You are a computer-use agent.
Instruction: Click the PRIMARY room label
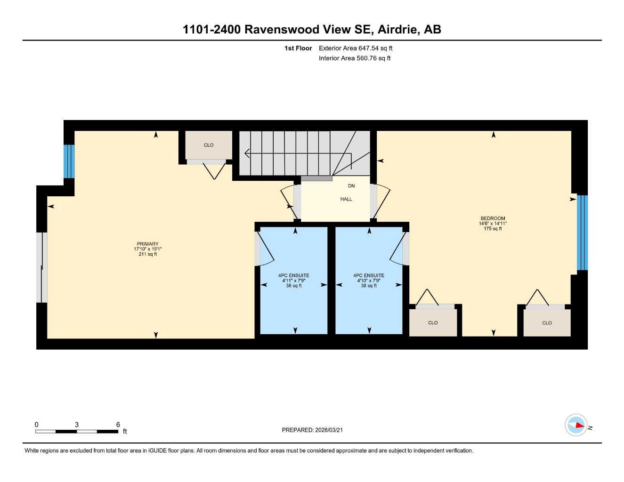(147, 244)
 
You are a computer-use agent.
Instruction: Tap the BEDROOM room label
(493, 218)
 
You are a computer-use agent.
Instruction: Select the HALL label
(346, 199)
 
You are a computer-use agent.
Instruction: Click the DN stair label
(351, 186)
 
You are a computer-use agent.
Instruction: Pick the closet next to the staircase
(209, 145)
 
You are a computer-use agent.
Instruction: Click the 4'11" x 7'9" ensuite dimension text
(293, 281)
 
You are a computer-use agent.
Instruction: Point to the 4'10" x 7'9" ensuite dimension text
(368, 281)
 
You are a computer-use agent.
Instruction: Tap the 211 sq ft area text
(147, 254)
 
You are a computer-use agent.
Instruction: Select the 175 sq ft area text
(493, 229)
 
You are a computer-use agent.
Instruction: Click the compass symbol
(576, 425)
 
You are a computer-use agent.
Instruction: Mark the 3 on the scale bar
(77, 425)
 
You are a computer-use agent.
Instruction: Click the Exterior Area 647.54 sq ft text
(356, 48)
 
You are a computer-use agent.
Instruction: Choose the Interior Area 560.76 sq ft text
(355, 58)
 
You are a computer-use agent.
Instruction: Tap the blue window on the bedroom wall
(582, 233)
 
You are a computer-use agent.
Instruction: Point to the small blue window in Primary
(69, 161)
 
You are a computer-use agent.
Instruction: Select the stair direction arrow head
(247, 153)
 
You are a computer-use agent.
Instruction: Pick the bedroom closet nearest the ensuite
(433, 323)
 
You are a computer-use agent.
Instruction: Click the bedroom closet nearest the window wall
(547, 323)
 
